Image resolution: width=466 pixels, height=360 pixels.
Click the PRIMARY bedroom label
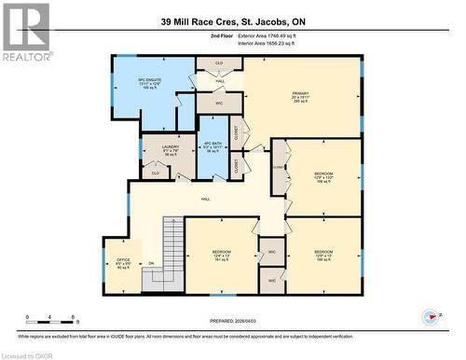[300, 96]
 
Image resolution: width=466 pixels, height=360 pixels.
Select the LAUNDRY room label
[170, 150]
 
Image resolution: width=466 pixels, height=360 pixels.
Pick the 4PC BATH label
[213, 147]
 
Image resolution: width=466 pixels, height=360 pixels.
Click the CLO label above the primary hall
[220, 62]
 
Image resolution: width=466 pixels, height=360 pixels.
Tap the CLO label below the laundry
[156, 173]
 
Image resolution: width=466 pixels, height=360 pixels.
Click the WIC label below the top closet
[219, 104]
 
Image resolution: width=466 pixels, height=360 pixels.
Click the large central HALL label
[205, 200]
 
